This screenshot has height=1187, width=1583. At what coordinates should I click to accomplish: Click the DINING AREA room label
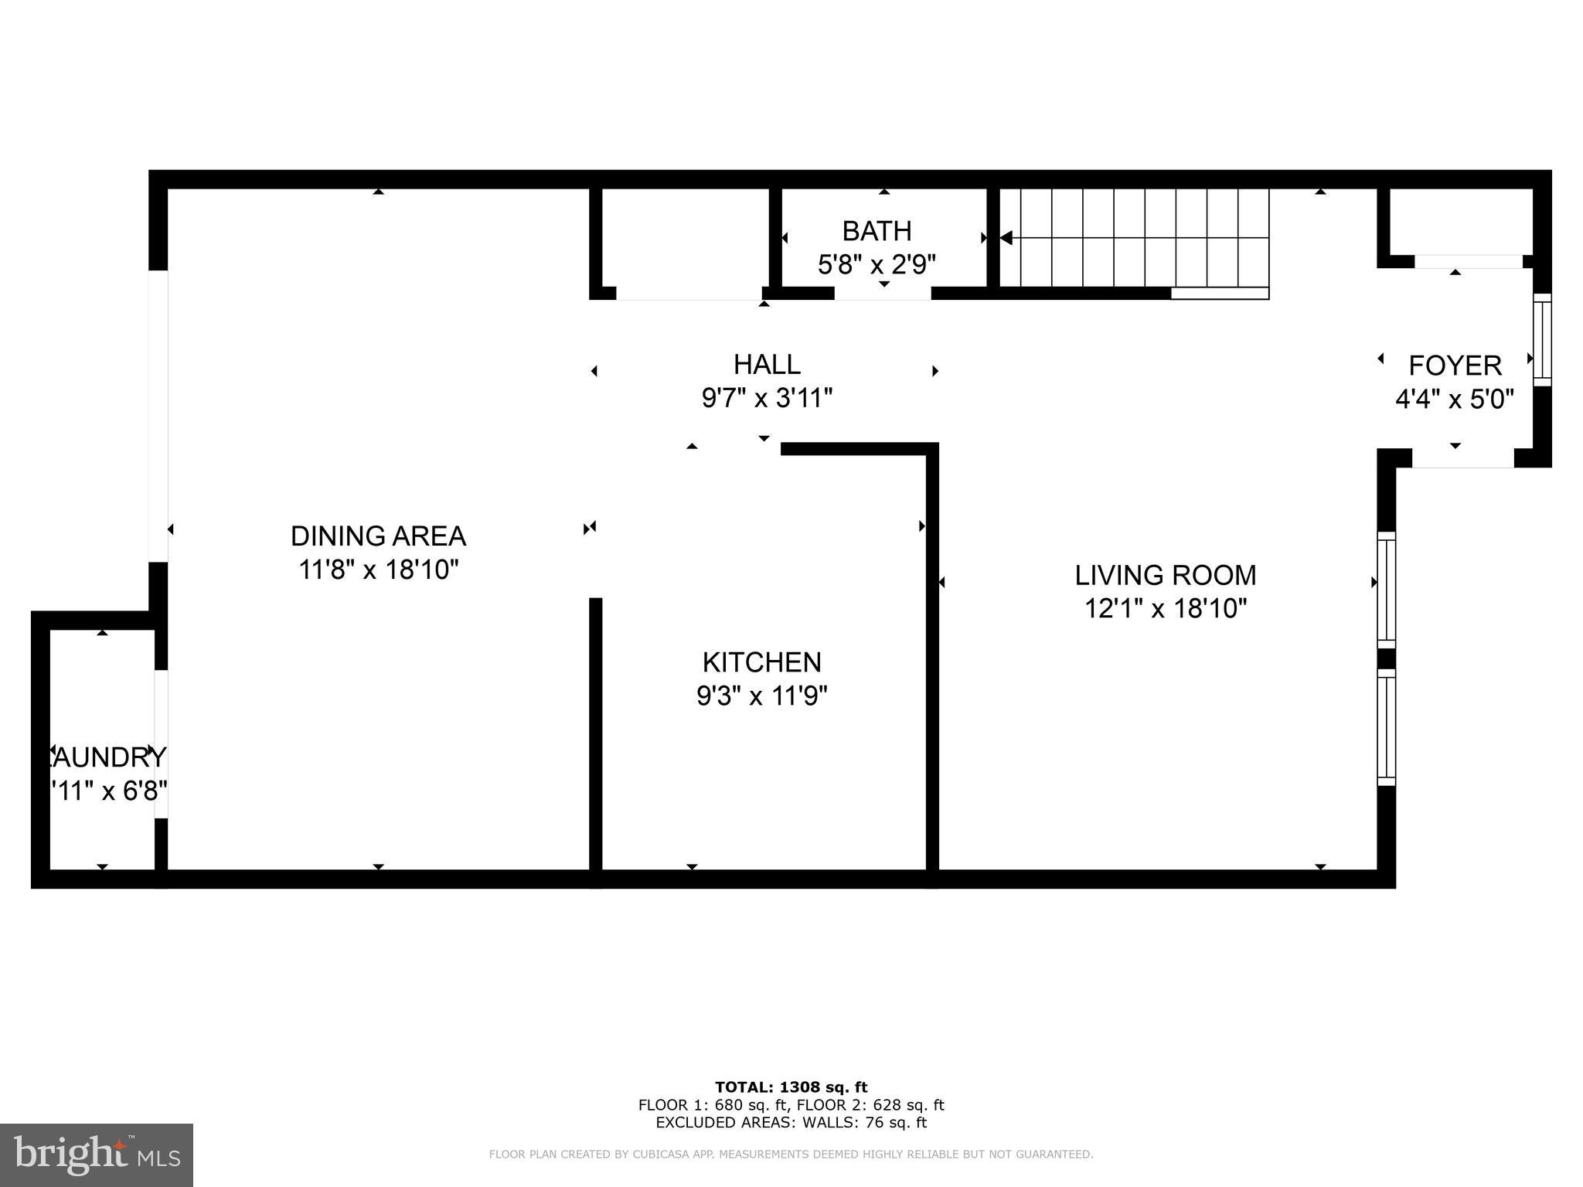pyautogui.click(x=378, y=536)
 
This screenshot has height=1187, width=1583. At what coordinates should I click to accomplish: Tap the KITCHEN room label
pyautogui.click(x=761, y=662)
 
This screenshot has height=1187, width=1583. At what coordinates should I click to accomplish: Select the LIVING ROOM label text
pyautogui.click(x=1166, y=575)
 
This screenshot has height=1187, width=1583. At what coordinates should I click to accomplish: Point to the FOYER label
pyautogui.click(x=1455, y=365)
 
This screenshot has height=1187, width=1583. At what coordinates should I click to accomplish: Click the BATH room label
pyautogui.click(x=877, y=231)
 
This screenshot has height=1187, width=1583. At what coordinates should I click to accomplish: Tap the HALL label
pyautogui.click(x=767, y=364)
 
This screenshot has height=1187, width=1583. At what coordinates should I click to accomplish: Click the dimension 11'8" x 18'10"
pyautogui.click(x=379, y=570)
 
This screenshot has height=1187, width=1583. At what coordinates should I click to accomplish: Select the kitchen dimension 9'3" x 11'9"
pyautogui.click(x=761, y=696)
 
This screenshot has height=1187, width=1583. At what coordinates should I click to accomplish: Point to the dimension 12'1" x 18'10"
pyautogui.click(x=1166, y=609)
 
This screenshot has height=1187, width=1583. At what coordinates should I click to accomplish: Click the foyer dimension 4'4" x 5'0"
pyautogui.click(x=1454, y=400)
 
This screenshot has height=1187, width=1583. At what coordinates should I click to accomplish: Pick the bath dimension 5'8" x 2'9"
pyautogui.click(x=877, y=265)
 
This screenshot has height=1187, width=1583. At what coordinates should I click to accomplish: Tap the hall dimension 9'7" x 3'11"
pyautogui.click(x=767, y=399)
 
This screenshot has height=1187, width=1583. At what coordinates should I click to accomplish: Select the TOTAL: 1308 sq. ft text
pyautogui.click(x=791, y=1087)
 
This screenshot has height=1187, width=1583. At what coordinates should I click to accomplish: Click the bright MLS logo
pyautogui.click(x=97, y=1155)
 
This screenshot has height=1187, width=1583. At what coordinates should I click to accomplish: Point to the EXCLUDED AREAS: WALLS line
pyautogui.click(x=791, y=1123)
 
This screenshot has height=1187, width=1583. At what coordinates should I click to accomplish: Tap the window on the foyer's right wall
pyautogui.click(x=1541, y=339)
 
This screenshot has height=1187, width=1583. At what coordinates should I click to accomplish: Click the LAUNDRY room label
pyautogui.click(x=104, y=757)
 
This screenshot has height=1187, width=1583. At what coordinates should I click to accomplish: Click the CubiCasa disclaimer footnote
pyautogui.click(x=791, y=1155)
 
